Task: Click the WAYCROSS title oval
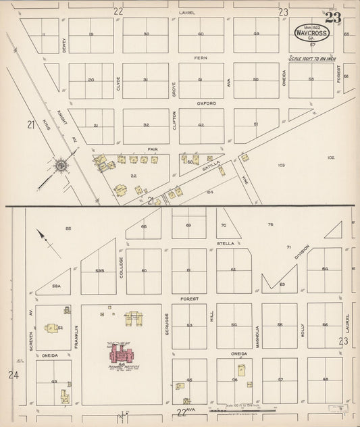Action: [312, 32]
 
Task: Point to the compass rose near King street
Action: [61, 165]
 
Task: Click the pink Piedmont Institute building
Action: [123, 352]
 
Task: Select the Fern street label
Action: [201, 58]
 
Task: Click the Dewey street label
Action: [63, 45]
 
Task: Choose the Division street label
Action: [301, 253]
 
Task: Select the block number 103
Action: [281, 165]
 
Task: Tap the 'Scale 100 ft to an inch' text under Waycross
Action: [311, 59]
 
